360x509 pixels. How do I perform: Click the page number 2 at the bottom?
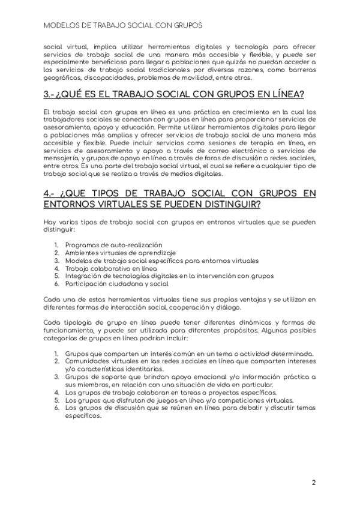click(314, 482)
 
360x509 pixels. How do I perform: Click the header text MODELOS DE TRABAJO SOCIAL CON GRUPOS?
click(122, 26)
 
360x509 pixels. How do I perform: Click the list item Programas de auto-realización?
click(114, 245)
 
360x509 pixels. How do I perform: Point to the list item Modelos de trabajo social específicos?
click(162, 261)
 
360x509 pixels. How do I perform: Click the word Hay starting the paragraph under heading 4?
click(50, 222)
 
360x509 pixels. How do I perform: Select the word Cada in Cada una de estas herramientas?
click(52, 299)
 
